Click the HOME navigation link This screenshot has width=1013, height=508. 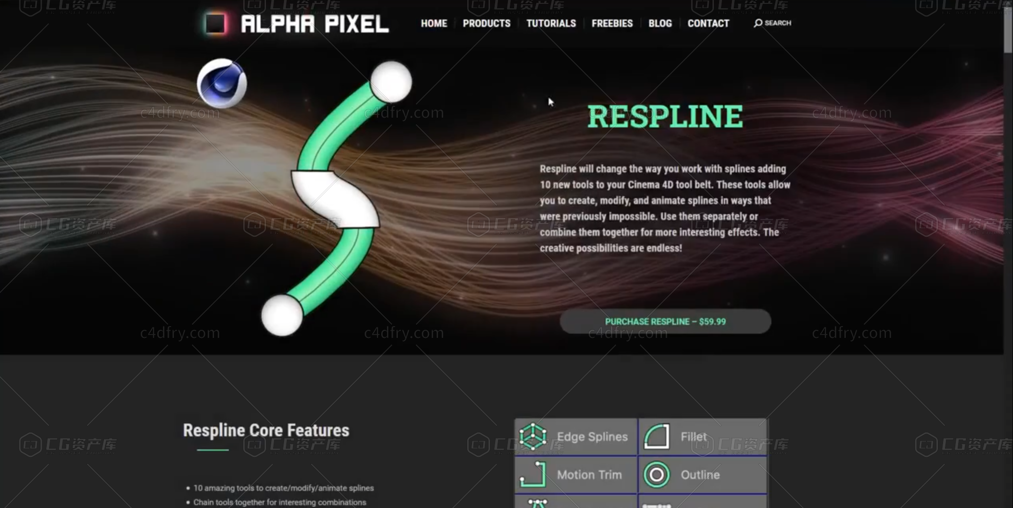click(x=434, y=23)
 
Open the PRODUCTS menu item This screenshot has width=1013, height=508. click(x=487, y=23)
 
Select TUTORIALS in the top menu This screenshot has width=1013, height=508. click(x=551, y=23)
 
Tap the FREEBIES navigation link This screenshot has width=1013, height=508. click(x=612, y=23)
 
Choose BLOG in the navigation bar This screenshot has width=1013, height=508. click(x=660, y=23)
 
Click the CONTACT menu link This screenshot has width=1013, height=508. click(x=708, y=23)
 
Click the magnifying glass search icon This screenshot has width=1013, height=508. click(x=758, y=23)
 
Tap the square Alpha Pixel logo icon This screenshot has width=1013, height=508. click(x=215, y=24)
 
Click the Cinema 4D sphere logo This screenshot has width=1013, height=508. click(x=222, y=83)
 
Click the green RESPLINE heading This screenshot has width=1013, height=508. click(x=665, y=116)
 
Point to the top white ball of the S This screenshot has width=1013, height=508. click(x=391, y=82)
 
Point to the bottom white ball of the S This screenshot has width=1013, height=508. click(x=282, y=315)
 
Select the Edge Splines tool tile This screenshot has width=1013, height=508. click(x=576, y=437)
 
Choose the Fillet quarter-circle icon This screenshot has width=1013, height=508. click(x=657, y=436)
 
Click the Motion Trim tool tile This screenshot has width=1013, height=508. click(x=576, y=475)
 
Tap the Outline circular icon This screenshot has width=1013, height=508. click(x=657, y=475)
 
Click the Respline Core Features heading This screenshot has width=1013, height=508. click(x=266, y=431)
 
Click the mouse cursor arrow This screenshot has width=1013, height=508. click(x=550, y=102)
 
